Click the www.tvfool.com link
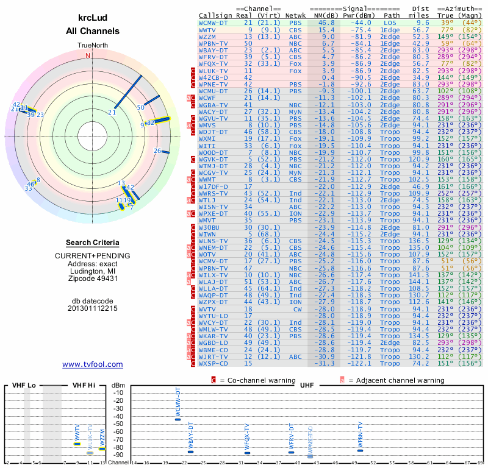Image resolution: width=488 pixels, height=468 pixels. (92, 364)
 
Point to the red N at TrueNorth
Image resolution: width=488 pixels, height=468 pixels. (88, 55)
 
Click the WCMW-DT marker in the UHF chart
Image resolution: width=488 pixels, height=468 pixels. (178, 419)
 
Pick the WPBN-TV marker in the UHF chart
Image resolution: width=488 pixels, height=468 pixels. (360, 450)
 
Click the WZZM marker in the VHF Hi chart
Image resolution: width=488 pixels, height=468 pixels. (102, 448)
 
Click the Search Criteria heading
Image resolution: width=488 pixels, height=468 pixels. (93, 242)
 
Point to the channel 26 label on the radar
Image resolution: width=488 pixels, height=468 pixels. (157, 151)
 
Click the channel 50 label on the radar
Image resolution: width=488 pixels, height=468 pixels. (140, 108)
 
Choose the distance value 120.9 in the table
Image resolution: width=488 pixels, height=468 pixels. (419, 159)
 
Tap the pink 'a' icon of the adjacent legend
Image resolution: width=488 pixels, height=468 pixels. (342, 380)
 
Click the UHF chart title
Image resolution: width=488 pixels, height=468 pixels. (307, 385)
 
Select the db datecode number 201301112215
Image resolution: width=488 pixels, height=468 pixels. (93, 308)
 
